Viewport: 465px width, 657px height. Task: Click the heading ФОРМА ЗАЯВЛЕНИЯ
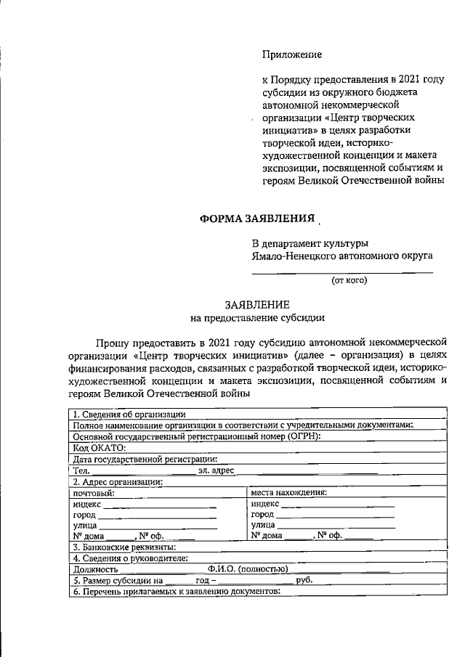tap(257, 219)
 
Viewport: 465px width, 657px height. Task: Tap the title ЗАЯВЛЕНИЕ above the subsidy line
tap(257, 306)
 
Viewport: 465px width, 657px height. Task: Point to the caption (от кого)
tap(349, 279)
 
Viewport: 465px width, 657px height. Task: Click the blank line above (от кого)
tap(341, 272)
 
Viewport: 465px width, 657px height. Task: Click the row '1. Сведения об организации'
tap(121, 415)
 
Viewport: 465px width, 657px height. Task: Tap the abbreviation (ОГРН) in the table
tap(298, 436)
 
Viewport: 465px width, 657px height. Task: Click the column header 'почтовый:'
tap(94, 492)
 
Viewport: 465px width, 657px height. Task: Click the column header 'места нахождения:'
tap(288, 492)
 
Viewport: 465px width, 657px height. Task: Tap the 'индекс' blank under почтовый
tap(160, 504)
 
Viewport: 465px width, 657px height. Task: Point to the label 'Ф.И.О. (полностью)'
tap(247, 569)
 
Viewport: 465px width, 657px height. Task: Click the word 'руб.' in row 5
tap(304, 581)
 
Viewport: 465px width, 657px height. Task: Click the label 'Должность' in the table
tap(95, 569)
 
